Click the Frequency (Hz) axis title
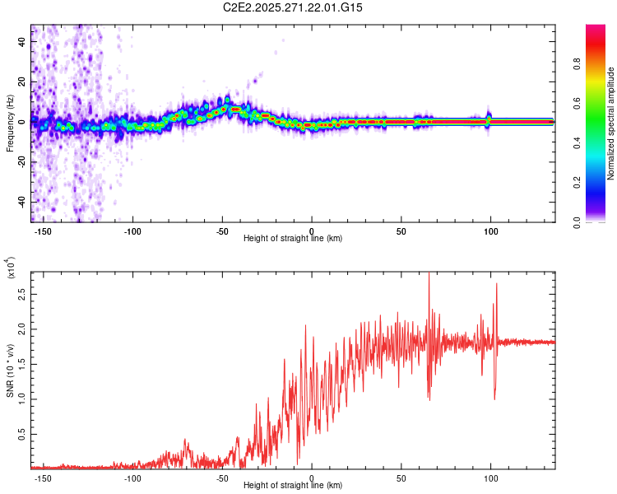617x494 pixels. (x=10, y=123)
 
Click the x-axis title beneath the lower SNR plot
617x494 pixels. (x=293, y=487)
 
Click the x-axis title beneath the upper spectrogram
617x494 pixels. (x=293, y=239)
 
